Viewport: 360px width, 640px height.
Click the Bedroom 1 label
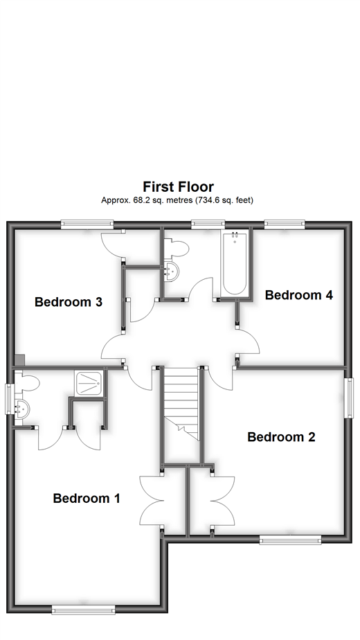pos(87,498)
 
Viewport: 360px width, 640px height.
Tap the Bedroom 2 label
pos(281,437)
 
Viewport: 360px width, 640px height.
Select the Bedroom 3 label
pos(69,302)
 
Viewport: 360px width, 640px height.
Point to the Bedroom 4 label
pos(299,295)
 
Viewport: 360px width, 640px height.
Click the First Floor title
pos(178,186)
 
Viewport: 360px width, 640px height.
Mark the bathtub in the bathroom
pos(234,263)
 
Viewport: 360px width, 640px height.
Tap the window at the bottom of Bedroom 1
pos(84,610)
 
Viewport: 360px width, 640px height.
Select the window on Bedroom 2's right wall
pos(350,399)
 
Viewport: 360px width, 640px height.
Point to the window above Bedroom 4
pos(284,224)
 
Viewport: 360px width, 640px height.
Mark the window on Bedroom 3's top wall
pos(87,224)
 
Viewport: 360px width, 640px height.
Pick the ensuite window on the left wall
pos(10,400)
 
